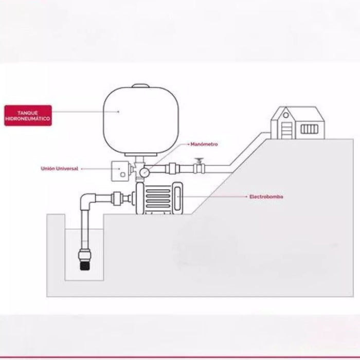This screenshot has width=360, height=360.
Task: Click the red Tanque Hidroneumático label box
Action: pyautogui.click(x=28, y=116)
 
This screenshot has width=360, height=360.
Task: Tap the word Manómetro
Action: pyautogui.click(x=204, y=145)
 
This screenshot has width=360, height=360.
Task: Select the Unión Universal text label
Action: pyautogui.click(x=60, y=168)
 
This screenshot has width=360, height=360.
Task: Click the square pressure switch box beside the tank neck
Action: pyautogui.click(x=121, y=170)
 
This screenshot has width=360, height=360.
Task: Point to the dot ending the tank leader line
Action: pyautogui.click(x=119, y=111)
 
